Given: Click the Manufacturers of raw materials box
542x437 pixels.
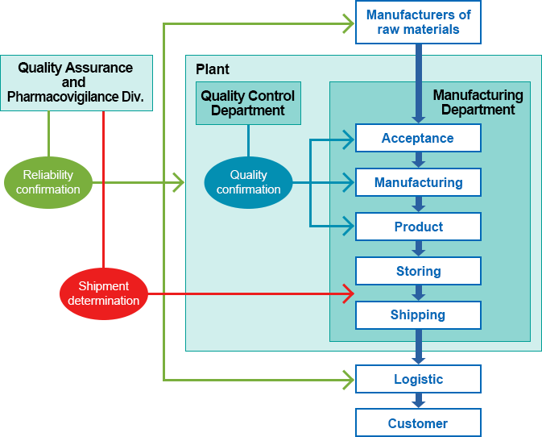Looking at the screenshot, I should tap(418, 23).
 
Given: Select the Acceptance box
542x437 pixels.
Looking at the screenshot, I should tap(418, 138).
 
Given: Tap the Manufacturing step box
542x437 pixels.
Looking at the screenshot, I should tap(418, 182).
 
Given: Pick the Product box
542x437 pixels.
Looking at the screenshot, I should tap(418, 227).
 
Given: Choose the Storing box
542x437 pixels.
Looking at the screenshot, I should tap(418, 271).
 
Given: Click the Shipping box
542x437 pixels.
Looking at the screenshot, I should tap(418, 315).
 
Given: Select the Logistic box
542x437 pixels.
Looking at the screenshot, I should tap(418, 379).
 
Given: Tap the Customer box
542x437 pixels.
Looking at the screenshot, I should tap(418, 423).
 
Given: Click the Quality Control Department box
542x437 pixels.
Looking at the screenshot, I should tap(248, 102).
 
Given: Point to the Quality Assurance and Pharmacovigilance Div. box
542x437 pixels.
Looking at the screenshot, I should tap(76, 83).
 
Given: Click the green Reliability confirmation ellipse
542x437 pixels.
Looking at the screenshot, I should tap(48, 182).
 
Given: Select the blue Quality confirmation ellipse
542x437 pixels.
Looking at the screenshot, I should tap(248, 182).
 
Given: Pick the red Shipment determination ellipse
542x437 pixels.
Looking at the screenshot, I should tap(104, 293).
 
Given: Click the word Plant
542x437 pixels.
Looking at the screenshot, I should tap(213, 69).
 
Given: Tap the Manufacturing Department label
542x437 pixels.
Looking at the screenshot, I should tap(478, 102).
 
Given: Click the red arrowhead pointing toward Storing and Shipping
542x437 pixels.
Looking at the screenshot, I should tap(349, 293).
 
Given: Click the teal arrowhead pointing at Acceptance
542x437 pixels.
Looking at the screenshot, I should tap(349, 139).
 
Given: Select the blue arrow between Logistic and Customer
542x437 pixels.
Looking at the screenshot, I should tap(418, 401).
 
